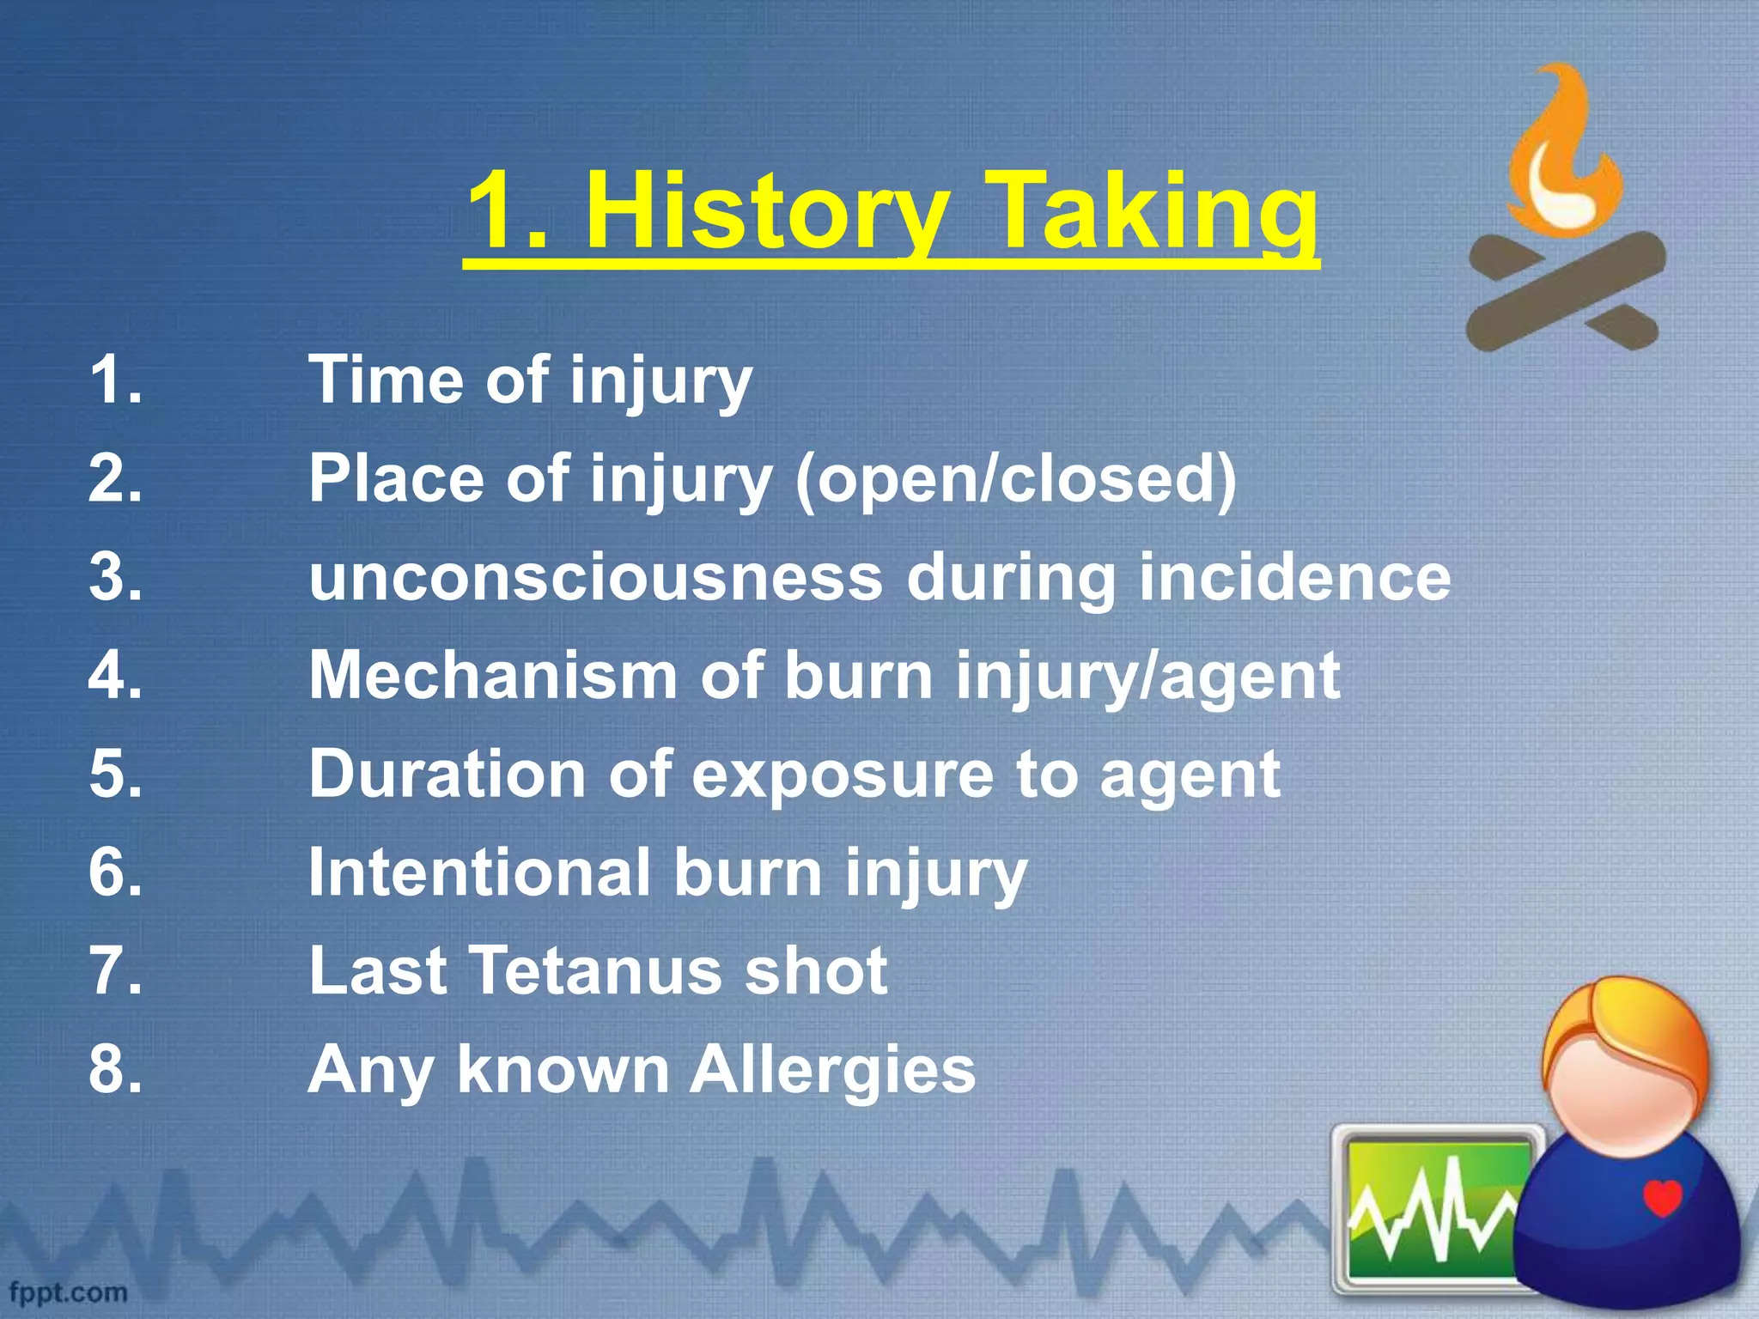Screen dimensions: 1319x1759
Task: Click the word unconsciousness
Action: click(595, 576)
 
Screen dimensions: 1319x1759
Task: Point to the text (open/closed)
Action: click(1016, 478)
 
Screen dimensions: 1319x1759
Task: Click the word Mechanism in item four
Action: click(492, 675)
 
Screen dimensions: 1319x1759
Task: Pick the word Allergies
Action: click(833, 1070)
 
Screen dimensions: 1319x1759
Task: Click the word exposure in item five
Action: click(842, 774)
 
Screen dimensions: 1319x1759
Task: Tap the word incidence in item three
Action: click(1294, 576)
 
